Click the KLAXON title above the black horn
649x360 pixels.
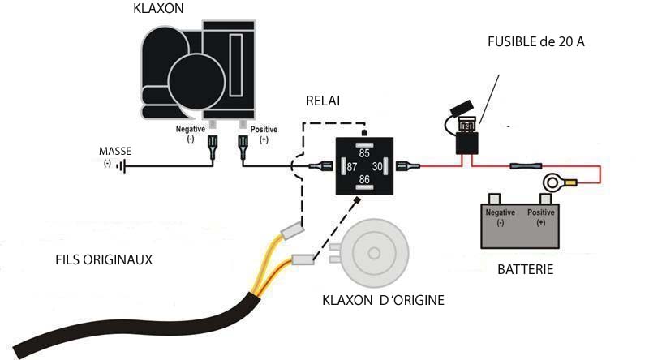point(158,8)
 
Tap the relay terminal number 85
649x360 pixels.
point(364,153)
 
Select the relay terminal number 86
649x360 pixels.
point(364,179)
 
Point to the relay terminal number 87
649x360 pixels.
point(352,167)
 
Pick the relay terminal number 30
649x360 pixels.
point(377,166)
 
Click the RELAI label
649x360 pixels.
point(323,101)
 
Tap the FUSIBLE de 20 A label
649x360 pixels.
point(536,42)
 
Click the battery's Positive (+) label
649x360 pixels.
point(540,217)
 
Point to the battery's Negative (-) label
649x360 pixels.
point(500,217)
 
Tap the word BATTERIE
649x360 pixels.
point(525,269)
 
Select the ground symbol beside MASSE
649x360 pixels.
point(121,167)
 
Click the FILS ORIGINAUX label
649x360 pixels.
point(104,259)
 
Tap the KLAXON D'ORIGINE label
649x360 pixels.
point(383,300)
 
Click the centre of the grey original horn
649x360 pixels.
point(374,253)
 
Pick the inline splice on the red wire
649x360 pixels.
point(526,166)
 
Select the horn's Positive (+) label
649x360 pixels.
point(264,134)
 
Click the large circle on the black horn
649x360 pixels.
point(197,82)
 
